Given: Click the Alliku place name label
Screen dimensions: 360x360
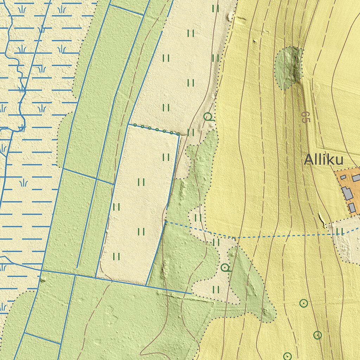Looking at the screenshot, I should click(x=323, y=160).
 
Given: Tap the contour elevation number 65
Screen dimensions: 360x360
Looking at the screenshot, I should click(x=305, y=117).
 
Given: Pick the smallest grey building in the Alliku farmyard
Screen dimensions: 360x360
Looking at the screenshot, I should click(x=343, y=178).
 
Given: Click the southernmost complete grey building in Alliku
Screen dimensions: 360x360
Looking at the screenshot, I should click(x=352, y=207).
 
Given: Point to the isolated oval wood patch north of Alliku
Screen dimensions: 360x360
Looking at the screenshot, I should click(x=288, y=67).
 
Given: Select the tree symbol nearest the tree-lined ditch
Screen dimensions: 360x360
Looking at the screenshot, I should click(x=208, y=116).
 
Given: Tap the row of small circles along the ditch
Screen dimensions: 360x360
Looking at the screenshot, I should click(x=153, y=129).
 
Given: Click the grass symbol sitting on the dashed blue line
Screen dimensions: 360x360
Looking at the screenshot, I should click(x=339, y=231).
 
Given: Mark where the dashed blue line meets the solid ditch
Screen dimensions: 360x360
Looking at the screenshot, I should click(x=166, y=222).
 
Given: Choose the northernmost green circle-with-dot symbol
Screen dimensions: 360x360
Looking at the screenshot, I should click(x=303, y=303).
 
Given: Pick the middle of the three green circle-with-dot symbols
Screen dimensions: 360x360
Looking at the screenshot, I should click(x=317, y=335).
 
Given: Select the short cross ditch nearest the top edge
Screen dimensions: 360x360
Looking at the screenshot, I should click(x=127, y=10).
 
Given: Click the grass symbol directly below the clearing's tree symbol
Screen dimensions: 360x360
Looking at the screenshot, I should click(x=216, y=289).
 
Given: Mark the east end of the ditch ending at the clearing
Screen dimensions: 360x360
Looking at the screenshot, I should click(x=191, y=293).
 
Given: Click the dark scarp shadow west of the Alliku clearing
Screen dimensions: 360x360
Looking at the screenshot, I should click(x=322, y=219).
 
